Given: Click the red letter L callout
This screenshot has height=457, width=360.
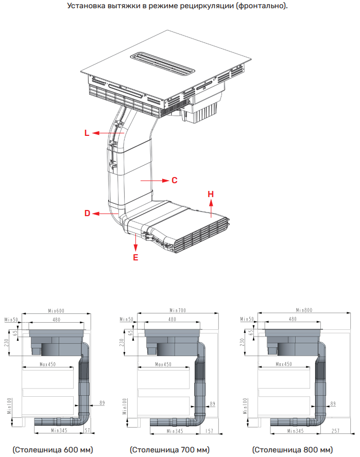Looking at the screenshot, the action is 87,133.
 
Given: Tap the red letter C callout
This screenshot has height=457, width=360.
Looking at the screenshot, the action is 175,181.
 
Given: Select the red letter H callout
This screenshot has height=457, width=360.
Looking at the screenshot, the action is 211,194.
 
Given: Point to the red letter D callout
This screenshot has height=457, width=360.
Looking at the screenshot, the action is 87,214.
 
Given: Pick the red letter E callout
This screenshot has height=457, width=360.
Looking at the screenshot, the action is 135,257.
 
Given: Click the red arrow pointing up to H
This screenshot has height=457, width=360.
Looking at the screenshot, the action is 211,208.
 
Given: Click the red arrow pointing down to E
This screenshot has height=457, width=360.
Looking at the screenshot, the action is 135,242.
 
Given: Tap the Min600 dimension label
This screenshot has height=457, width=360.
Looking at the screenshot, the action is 56,311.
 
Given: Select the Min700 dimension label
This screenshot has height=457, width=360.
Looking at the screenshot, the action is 178,310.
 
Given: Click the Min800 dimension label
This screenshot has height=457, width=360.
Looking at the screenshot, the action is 304,310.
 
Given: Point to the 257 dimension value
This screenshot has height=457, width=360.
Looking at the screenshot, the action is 335,431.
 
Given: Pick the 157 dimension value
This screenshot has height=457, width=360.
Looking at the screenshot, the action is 209,431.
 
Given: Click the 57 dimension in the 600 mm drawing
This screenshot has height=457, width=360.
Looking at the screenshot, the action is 88,430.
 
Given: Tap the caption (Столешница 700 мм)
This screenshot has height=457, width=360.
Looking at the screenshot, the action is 170,450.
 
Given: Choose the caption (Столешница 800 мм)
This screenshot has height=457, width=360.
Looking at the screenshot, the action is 293,450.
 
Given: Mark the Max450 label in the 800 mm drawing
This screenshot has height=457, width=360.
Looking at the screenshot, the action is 284,364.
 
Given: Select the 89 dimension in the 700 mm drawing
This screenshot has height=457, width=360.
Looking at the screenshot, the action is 212,403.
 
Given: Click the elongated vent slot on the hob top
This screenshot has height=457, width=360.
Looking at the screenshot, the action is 162,64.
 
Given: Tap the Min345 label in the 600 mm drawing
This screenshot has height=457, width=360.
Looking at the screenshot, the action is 59,430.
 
